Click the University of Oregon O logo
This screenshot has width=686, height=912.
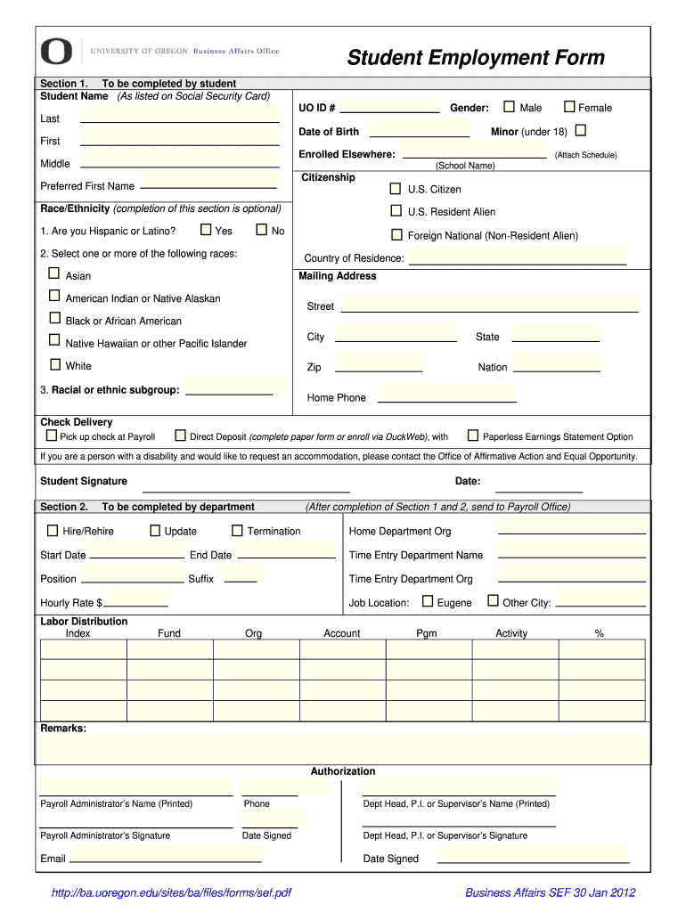(x=56, y=51)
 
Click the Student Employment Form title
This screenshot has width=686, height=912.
(x=475, y=58)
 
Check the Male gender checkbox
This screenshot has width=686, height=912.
(x=509, y=107)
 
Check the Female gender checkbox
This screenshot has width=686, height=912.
(x=569, y=107)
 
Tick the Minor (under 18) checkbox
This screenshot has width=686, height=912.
(x=581, y=131)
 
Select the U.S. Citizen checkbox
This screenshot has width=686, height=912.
(x=396, y=189)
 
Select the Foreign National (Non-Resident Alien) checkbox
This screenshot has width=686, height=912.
(x=396, y=235)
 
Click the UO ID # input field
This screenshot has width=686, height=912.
(x=390, y=107)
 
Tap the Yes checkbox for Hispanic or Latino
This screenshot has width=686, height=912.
(x=206, y=230)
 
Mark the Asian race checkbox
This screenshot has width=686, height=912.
(x=54, y=273)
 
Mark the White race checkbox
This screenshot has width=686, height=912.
(x=54, y=364)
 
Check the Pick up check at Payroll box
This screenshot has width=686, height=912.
(x=51, y=436)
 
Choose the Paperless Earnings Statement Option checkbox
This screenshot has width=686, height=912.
(x=473, y=436)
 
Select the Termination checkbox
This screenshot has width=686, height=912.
(x=237, y=531)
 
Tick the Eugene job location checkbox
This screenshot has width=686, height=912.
(x=428, y=601)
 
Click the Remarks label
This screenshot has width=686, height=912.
(x=63, y=729)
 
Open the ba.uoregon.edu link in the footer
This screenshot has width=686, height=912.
(x=172, y=892)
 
